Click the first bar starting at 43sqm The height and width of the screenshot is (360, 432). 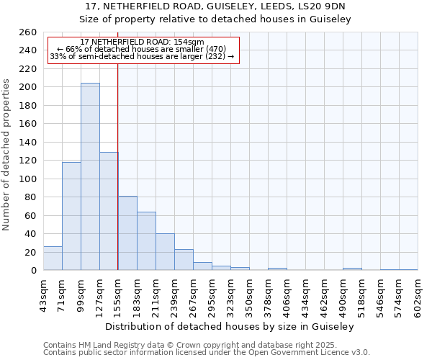53,258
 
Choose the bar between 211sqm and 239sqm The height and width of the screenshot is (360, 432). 165,251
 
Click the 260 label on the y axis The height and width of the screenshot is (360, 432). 28,32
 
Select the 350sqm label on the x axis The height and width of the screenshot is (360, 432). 249,293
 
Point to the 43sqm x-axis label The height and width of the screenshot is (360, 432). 43,293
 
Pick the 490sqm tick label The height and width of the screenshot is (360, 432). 343,293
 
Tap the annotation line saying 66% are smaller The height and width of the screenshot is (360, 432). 141,49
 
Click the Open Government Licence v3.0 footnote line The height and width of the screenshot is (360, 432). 207,353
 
